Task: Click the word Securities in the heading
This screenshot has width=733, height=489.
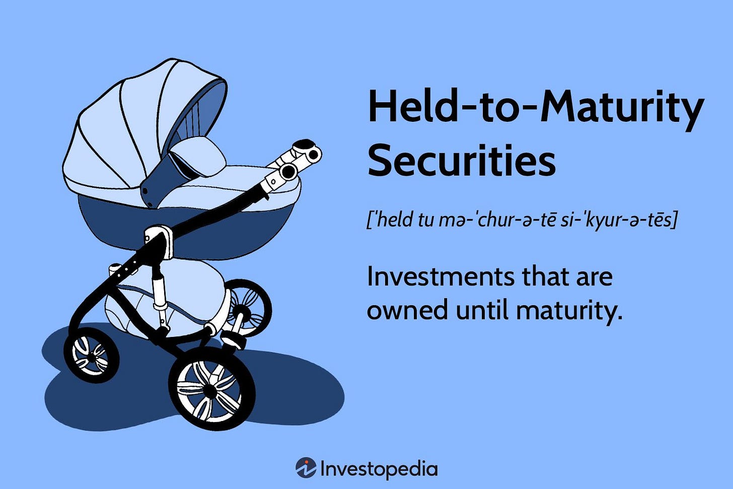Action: (461, 160)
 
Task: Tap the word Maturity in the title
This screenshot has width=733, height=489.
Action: (621, 107)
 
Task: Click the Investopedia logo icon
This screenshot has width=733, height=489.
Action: (306, 468)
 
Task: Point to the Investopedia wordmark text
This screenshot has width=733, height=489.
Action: (379, 469)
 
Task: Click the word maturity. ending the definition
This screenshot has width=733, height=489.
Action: (569, 310)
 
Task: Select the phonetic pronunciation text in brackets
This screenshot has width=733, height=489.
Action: (522, 220)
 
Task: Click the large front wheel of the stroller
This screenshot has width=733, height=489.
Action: (211, 388)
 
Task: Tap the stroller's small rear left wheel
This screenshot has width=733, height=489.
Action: (91, 355)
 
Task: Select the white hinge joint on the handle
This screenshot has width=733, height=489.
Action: (292, 164)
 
